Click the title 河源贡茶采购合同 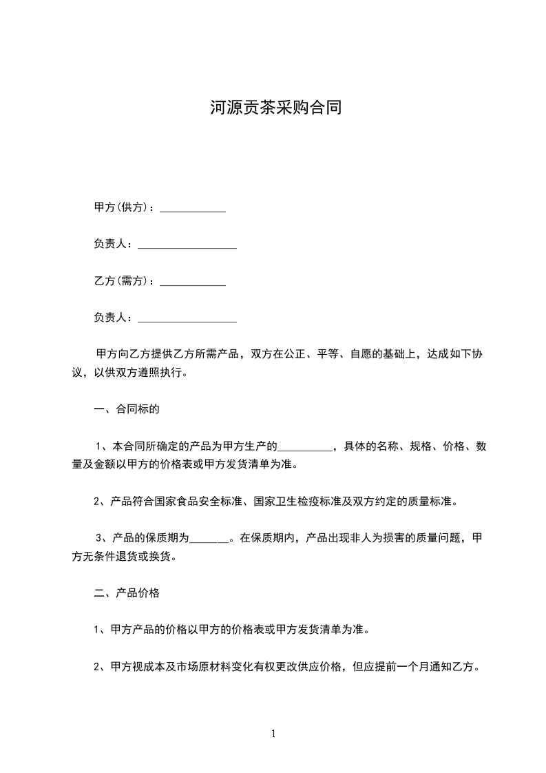tap(275, 108)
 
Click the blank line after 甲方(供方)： tap(193, 209)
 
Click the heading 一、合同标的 tap(127, 410)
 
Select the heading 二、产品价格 tap(127, 592)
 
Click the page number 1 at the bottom tap(273, 734)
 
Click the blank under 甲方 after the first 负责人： tap(187, 246)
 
